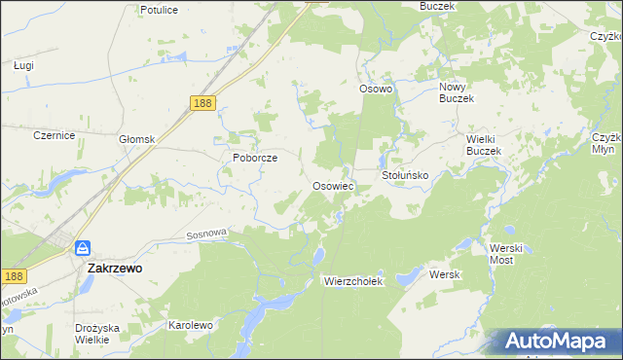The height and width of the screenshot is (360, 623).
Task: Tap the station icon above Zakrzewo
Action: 84,248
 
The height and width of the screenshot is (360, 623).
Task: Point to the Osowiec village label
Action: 332,185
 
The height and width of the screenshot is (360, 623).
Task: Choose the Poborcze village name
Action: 255,158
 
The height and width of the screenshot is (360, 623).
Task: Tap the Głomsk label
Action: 137,139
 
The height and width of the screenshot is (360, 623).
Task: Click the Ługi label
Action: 24,65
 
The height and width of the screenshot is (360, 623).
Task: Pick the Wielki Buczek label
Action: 482,145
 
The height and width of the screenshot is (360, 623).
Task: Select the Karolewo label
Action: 191,325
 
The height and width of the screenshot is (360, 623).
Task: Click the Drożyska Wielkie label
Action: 97,334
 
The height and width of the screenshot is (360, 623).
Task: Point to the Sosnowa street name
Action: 206,234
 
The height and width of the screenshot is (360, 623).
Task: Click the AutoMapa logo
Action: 561,341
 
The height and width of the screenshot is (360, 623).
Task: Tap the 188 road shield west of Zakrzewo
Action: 13,276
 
